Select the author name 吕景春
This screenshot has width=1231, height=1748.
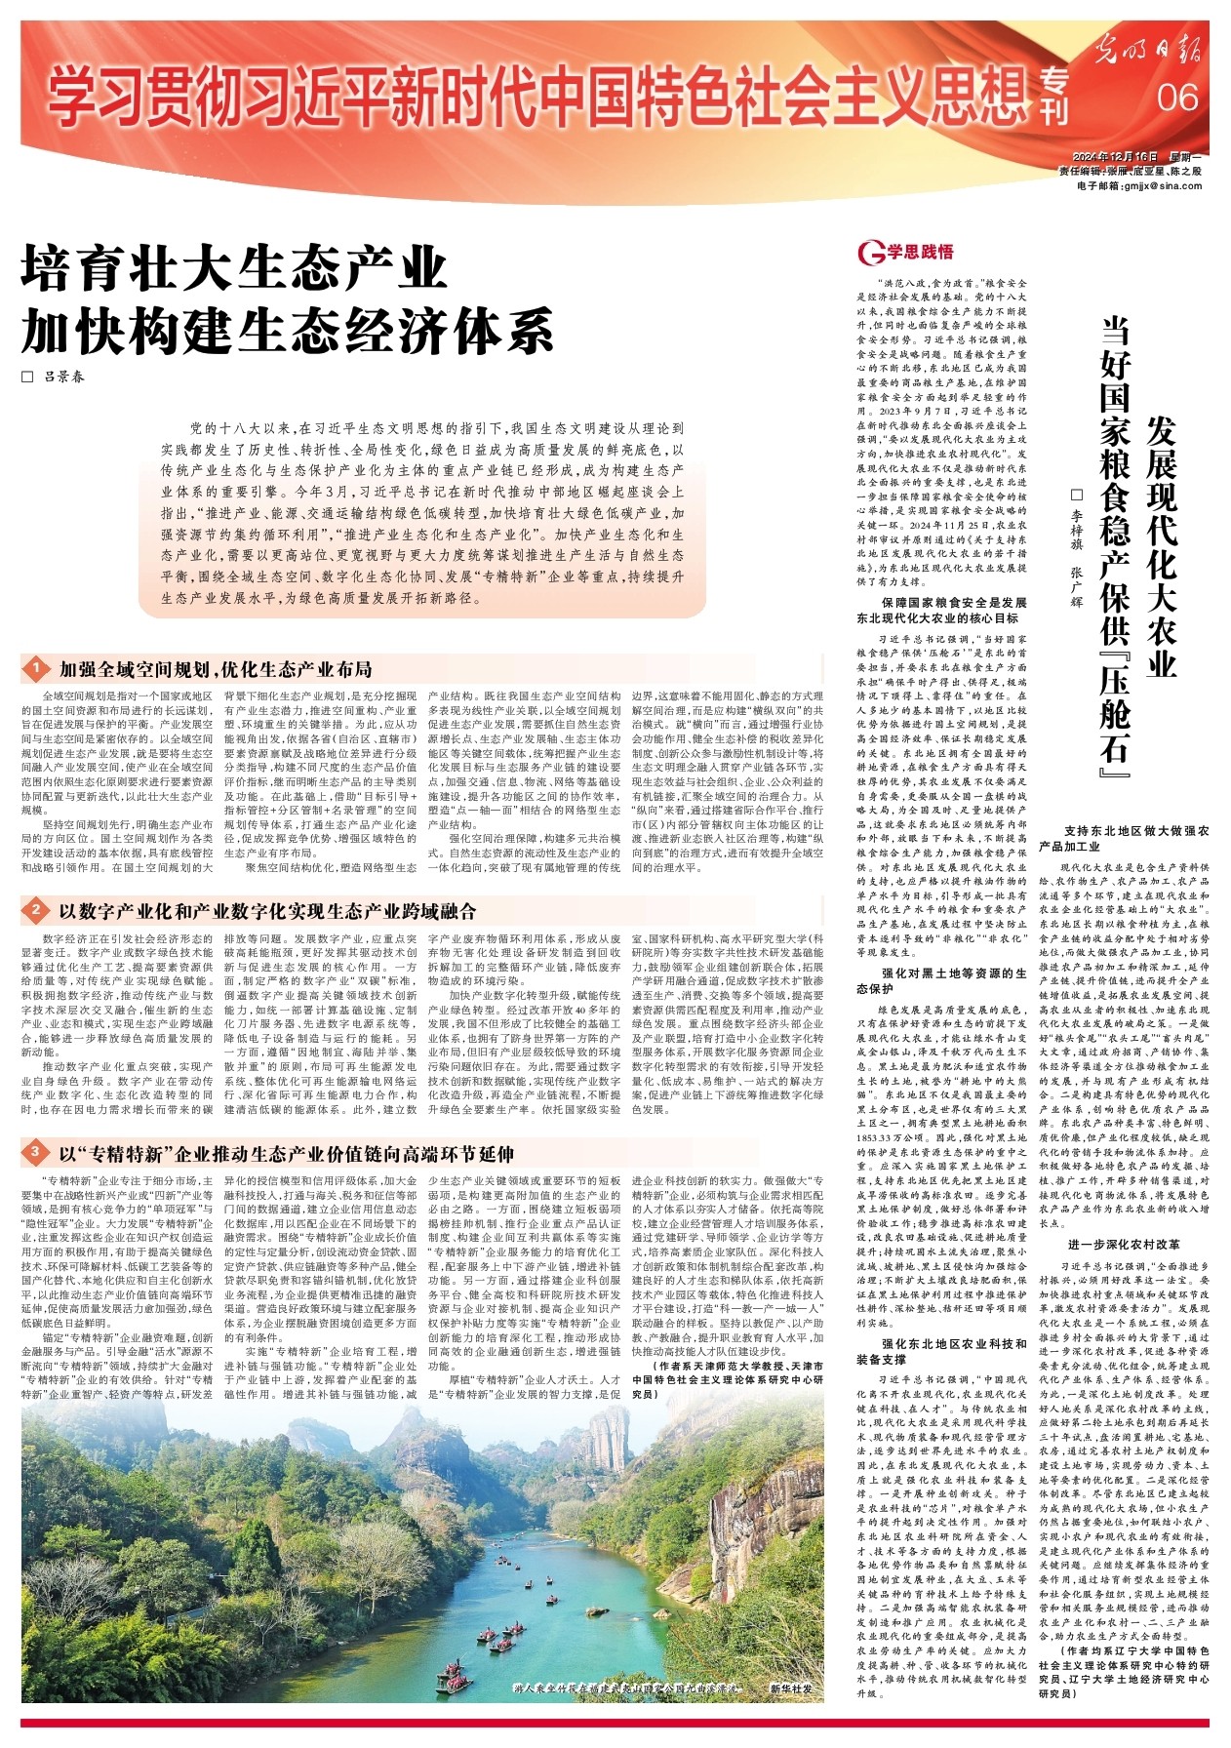point(63,376)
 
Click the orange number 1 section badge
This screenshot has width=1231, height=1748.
point(35,669)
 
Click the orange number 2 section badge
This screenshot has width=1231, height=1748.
point(35,911)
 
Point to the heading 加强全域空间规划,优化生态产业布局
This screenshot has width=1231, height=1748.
point(216,669)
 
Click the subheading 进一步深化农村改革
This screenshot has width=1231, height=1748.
point(1124,1246)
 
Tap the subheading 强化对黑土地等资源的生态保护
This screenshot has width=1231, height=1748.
point(941,981)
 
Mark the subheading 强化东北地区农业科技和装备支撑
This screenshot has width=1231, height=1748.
point(941,1351)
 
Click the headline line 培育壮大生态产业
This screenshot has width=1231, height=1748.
point(234,269)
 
